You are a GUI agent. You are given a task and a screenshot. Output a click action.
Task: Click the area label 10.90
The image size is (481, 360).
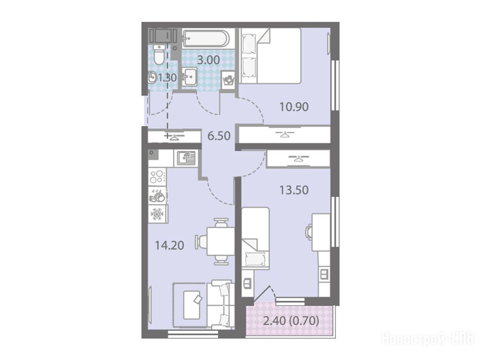pos(294,107)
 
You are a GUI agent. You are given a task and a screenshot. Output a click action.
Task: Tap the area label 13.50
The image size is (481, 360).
pos(294,190)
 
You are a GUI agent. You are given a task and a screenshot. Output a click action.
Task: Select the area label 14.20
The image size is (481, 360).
pos(169,245)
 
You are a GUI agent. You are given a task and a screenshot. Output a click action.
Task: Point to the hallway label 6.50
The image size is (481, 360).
pos(219,136)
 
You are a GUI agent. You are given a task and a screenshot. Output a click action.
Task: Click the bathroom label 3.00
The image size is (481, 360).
pos(208,60)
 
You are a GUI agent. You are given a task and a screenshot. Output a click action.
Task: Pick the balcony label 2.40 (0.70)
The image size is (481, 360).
pos(291,321)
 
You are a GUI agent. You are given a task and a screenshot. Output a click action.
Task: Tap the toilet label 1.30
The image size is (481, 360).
pos(167,77)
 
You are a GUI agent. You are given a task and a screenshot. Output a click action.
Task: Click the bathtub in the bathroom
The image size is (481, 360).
pos(205,38)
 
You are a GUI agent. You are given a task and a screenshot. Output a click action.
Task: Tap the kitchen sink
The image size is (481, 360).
pos(186,158)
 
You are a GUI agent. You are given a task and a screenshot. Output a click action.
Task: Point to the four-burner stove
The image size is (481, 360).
pos(157,176)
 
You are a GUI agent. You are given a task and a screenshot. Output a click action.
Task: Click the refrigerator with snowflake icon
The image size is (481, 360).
pos(158,214)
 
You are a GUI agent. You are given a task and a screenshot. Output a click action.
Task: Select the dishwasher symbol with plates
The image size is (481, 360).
pos(158,195)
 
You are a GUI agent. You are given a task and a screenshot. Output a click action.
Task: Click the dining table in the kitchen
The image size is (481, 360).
pos(221,241)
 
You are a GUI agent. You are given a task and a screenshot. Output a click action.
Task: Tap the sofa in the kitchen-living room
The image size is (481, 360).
pos(220,305)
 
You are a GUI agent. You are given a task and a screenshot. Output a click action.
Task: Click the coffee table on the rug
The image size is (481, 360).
pos(192,305)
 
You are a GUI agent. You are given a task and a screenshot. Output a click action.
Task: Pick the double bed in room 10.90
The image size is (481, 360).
pos(270,56)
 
